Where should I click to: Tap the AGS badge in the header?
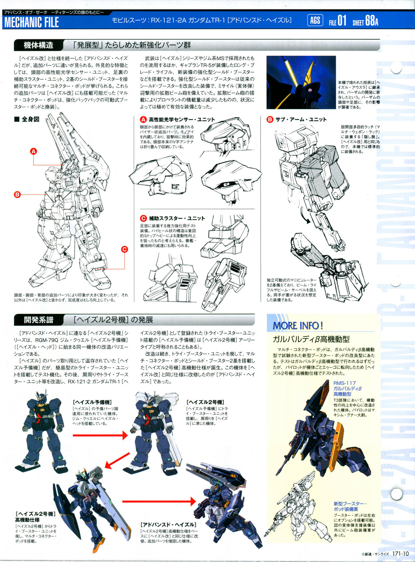click(315, 21)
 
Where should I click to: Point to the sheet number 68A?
click(372, 21)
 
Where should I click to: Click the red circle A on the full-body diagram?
click(34, 151)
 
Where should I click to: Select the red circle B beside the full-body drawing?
click(17, 194)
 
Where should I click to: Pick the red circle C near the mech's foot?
click(124, 249)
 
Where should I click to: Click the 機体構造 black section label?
click(38, 45)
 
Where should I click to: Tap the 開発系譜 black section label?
click(38, 320)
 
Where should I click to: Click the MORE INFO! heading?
click(298, 325)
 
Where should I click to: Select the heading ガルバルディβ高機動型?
click(311, 339)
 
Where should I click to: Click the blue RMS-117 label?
click(344, 383)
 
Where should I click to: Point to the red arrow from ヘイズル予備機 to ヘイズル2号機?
click(100, 435)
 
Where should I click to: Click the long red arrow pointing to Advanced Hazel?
click(159, 501)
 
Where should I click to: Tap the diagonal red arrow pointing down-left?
click(117, 461)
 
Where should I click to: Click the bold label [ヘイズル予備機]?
click(92, 402)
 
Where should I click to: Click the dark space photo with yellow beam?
click(301, 82)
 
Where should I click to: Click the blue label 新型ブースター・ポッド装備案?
click(350, 506)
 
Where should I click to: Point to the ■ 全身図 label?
click(27, 119)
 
